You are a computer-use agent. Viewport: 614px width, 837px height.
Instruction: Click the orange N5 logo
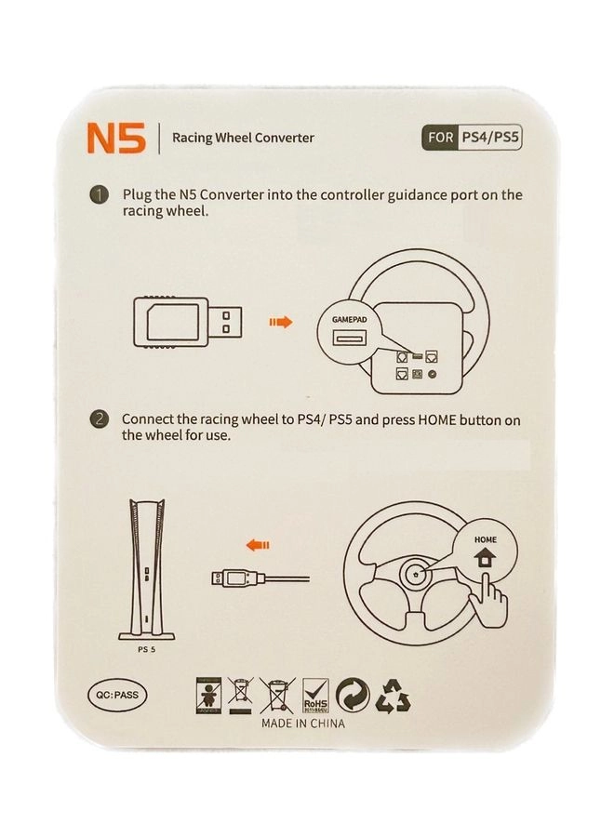click(x=115, y=139)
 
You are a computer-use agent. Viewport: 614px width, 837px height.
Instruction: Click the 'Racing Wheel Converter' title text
click(x=243, y=139)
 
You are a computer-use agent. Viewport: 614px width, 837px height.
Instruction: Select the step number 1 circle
click(x=100, y=196)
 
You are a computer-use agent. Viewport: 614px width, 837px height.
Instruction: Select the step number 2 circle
click(x=100, y=420)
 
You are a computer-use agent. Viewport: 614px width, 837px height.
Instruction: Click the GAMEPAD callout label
click(x=351, y=319)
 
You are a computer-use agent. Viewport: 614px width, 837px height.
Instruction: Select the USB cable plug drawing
click(x=238, y=578)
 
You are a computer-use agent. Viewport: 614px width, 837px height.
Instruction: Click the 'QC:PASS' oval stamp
click(x=114, y=694)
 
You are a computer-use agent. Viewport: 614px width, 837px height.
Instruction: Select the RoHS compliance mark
click(x=316, y=695)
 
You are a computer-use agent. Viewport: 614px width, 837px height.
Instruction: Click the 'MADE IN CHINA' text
click(x=302, y=723)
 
